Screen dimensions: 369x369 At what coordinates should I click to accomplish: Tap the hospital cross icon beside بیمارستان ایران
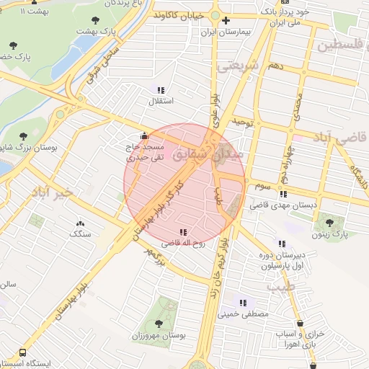226,20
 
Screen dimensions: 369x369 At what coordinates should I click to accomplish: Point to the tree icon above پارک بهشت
96,20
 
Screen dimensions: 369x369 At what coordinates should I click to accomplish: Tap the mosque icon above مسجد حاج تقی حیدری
145,135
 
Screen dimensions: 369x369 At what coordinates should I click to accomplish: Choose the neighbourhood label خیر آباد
52,192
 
